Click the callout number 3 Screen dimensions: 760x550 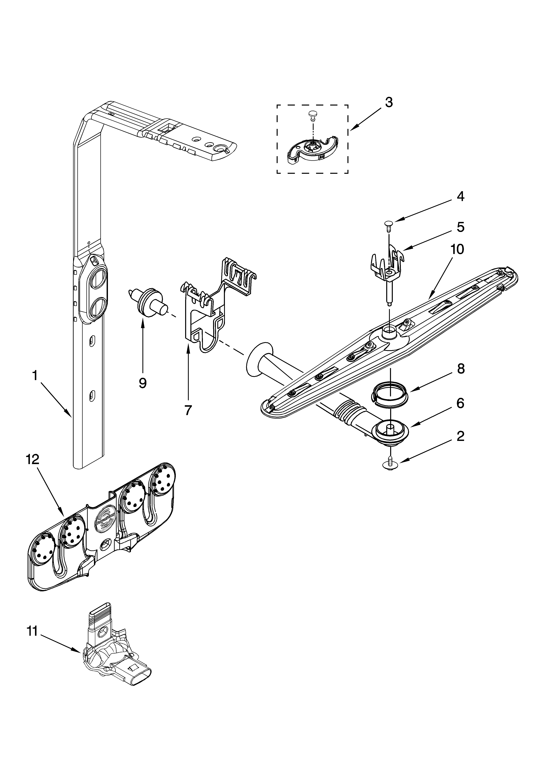(389, 103)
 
